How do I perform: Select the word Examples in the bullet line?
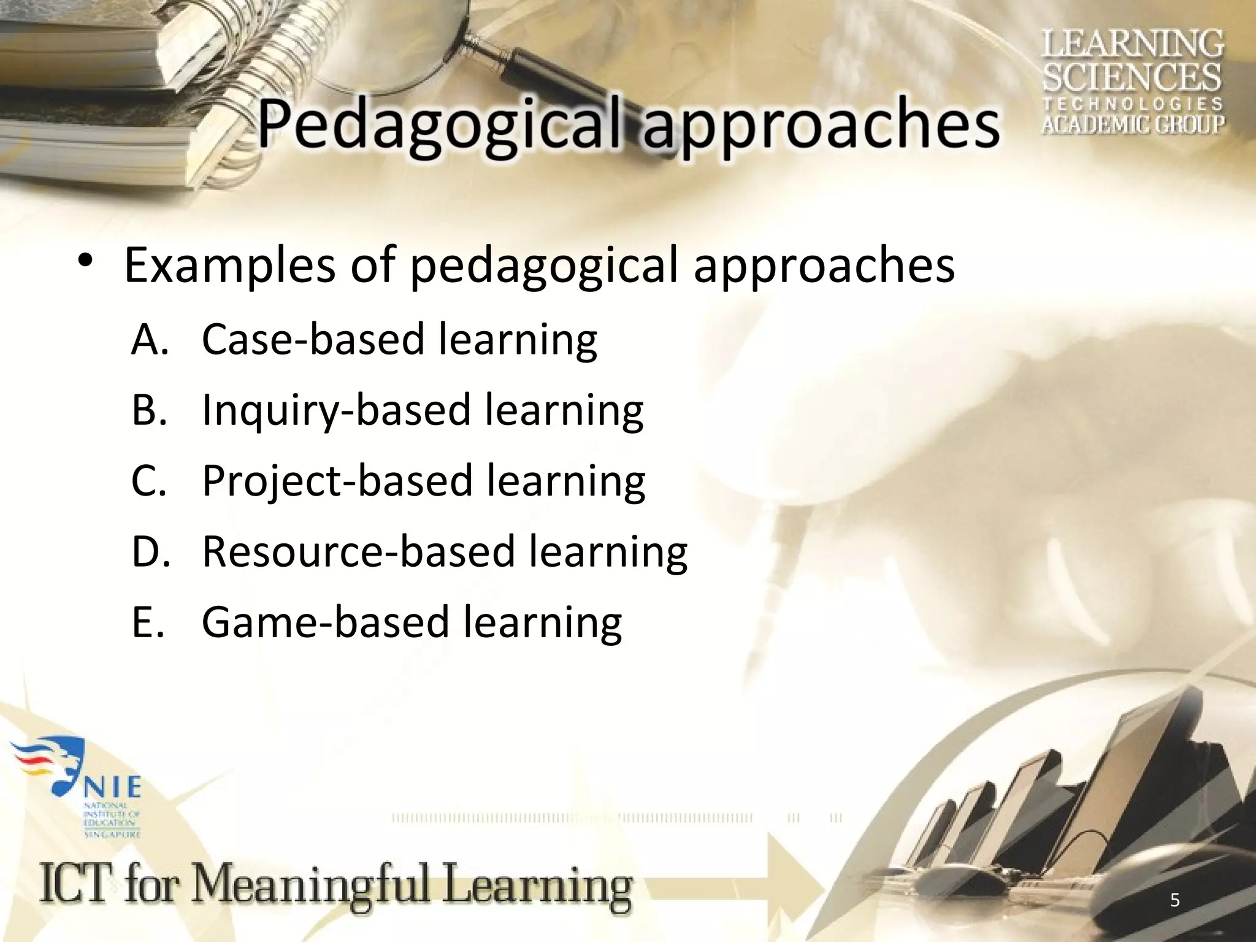coord(230,267)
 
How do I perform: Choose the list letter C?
coord(149,481)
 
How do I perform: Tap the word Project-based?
coord(337,481)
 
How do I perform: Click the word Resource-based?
coord(358,551)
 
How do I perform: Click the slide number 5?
coord(1174,900)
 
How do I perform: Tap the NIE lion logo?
coord(55,767)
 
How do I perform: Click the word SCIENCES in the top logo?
coord(1132,77)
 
